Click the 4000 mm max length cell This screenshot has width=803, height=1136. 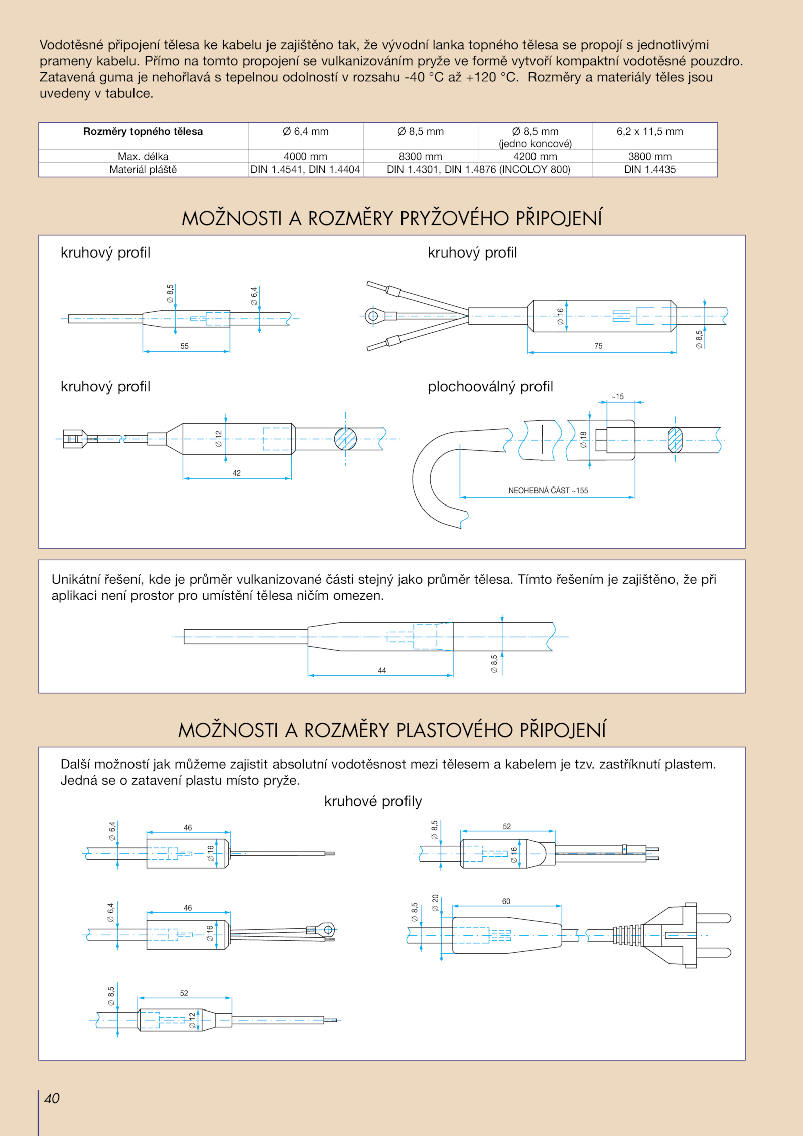[x=305, y=156]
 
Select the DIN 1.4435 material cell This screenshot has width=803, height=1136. [x=649, y=169]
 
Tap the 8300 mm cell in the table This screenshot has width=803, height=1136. [x=420, y=156]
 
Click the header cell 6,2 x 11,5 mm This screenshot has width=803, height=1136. [x=649, y=131]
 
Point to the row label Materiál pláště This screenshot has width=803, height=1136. [x=143, y=169]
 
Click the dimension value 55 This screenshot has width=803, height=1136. [x=184, y=346]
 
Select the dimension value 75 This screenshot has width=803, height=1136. [x=598, y=346]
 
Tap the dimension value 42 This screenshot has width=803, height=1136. [x=236, y=473]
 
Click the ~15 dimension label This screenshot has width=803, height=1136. [x=618, y=396]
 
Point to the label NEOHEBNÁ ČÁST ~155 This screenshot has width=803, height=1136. [x=548, y=490]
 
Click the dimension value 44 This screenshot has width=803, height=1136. [x=382, y=670]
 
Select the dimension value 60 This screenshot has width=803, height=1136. [x=506, y=901]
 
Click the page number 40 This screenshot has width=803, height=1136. [x=52, y=1098]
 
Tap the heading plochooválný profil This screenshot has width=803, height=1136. [x=490, y=386]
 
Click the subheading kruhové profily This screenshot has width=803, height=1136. [x=373, y=801]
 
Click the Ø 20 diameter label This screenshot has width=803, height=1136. [x=435, y=902]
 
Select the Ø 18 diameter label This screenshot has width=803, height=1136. [x=583, y=439]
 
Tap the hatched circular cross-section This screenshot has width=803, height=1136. [x=345, y=439]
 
